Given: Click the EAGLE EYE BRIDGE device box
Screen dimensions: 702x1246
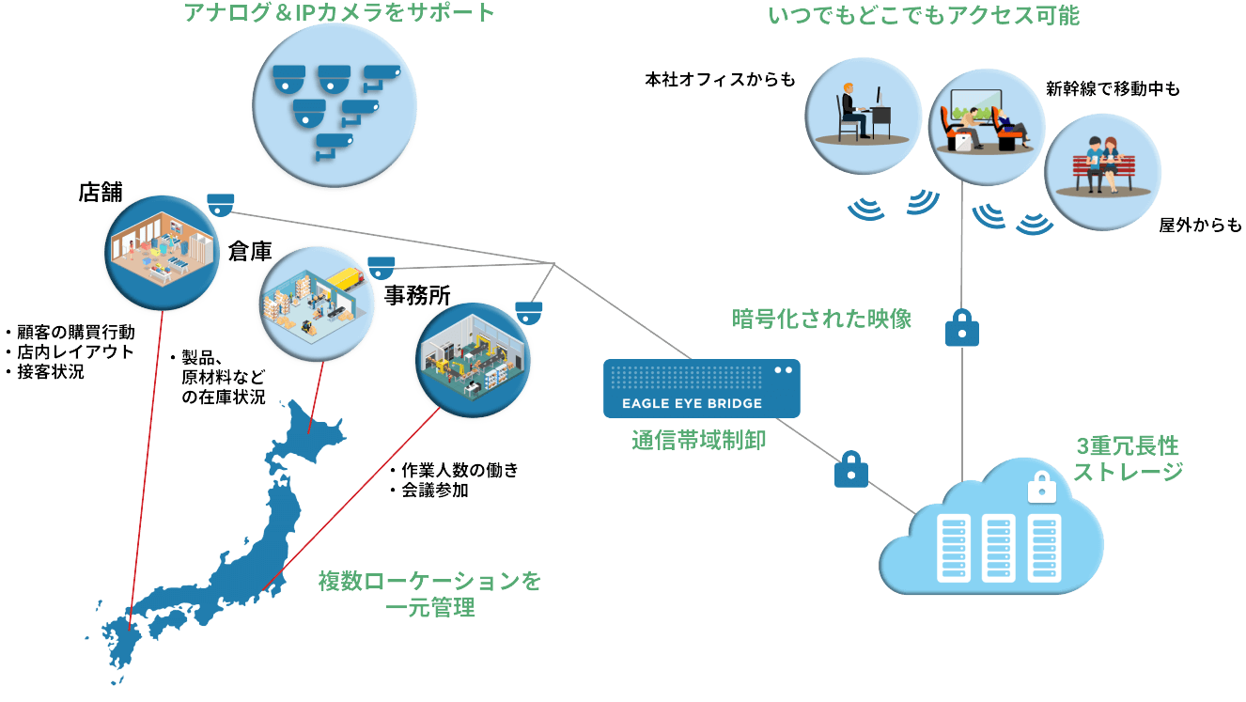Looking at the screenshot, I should coord(701,388).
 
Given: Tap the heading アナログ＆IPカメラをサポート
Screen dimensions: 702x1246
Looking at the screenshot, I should coord(341,13).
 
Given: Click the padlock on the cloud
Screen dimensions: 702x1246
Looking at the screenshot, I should coord(1039,487).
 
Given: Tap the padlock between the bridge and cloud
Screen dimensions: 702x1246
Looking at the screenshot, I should coord(850,469).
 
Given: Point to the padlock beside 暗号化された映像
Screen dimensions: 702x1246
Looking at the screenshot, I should coord(961,328).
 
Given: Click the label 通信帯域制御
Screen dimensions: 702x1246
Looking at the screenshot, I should coord(698,440).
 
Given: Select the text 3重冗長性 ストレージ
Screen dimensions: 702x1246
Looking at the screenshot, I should coord(1127,458).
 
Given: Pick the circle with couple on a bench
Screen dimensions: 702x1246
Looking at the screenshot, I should coord(1102,172).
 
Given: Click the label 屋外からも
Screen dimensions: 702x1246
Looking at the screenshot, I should coord(1199,226).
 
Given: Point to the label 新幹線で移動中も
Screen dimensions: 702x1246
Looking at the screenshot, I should coord(1113,89).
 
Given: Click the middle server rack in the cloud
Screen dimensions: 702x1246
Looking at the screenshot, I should coord(997,548).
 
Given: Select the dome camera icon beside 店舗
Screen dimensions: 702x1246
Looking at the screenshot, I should coord(221,204).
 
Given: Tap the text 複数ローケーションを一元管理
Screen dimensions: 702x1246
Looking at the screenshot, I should coord(430,594).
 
